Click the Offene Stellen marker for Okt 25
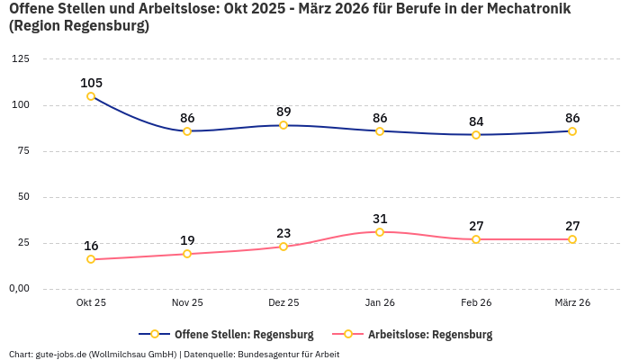click(x=91, y=96)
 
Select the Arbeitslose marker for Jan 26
click(x=380, y=232)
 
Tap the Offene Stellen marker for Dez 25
click(x=283, y=125)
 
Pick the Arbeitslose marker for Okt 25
click(x=91, y=259)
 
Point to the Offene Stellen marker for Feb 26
click(x=476, y=135)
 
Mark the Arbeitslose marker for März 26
click(x=572, y=239)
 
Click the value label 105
click(x=91, y=83)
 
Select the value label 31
click(x=380, y=219)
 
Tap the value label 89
click(x=283, y=112)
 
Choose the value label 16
click(x=91, y=246)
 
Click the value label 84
click(x=476, y=121)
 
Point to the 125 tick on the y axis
click(x=20, y=59)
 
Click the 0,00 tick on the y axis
click(x=18, y=289)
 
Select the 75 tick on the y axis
click(x=22, y=151)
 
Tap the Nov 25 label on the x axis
click(x=187, y=303)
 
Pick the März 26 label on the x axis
click(x=572, y=303)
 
